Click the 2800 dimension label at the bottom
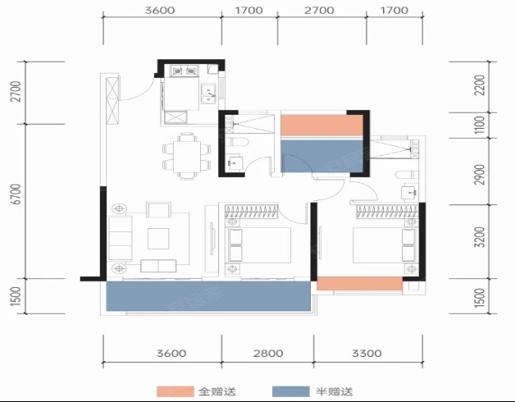[268, 354]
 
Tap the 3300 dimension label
[367, 354]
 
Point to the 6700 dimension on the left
[16, 194]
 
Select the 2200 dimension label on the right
[480, 85]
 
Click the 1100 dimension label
[480, 125]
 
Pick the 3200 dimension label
[480, 237]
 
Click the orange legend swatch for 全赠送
[175, 391]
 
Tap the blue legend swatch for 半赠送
[291, 391]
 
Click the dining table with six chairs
[186, 156]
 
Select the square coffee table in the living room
[158, 239]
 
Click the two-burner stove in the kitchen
[184, 71]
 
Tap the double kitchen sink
[208, 94]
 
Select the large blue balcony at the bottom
[208, 296]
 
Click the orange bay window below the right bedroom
[360, 284]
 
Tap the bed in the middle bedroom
[258, 245]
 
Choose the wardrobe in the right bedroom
[388, 212]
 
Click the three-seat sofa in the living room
[121, 238]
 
